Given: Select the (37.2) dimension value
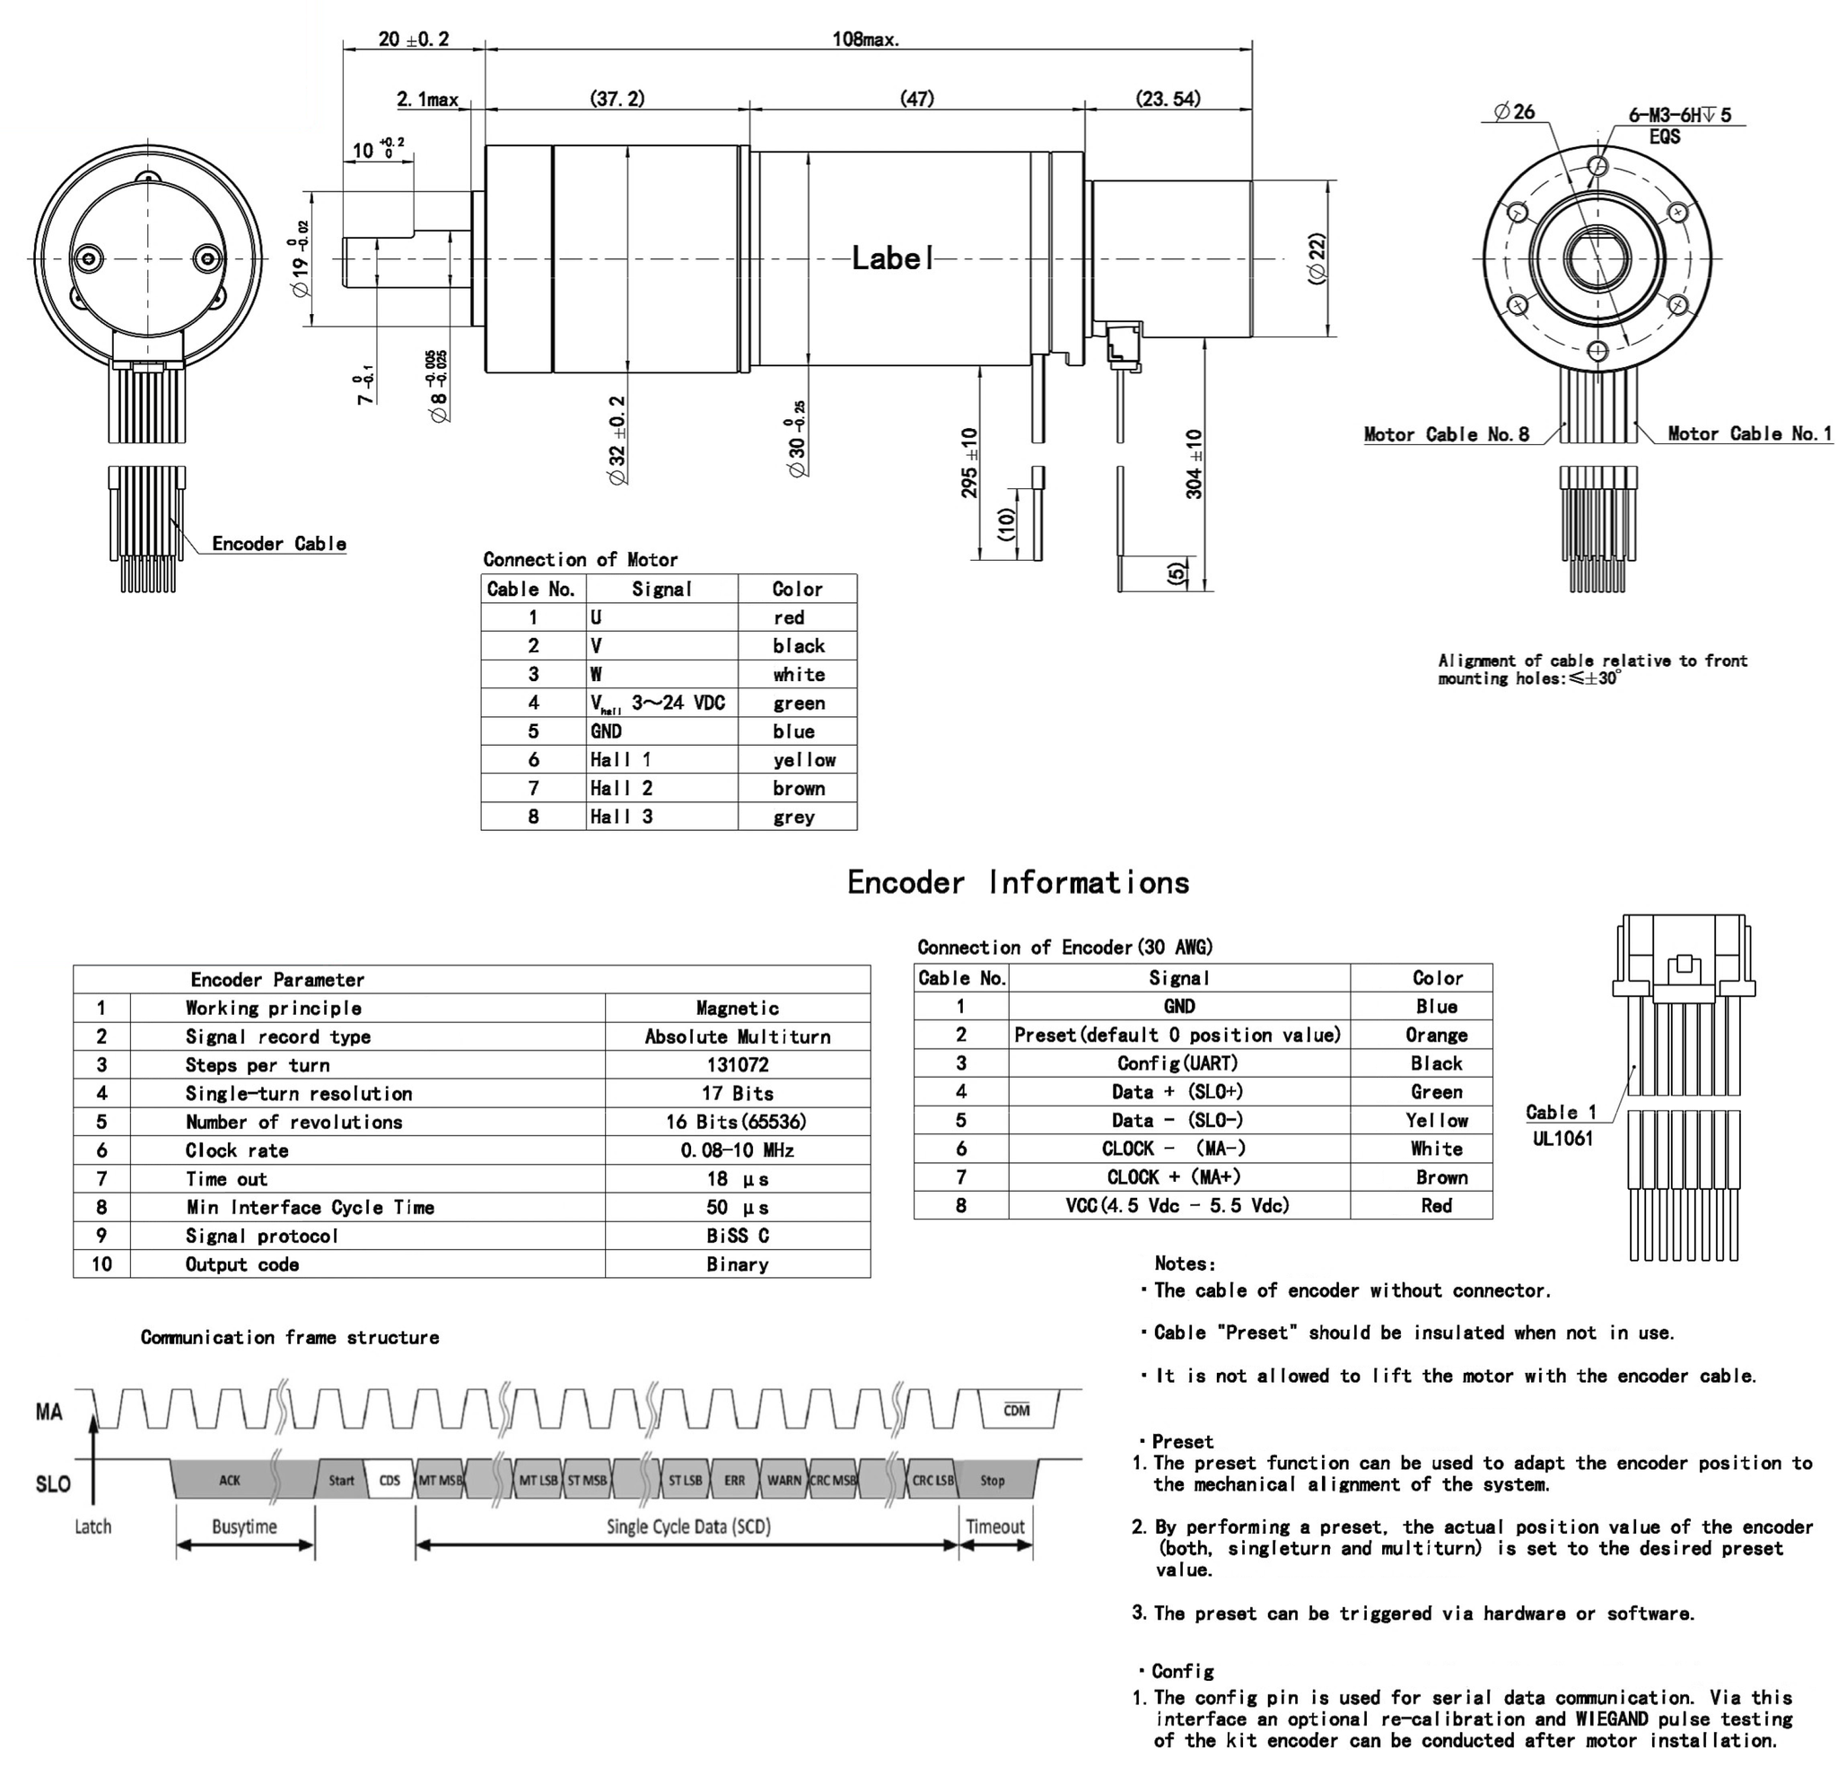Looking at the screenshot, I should click(617, 99).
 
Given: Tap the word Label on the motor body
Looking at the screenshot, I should click(892, 258).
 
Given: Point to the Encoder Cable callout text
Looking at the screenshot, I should click(278, 544).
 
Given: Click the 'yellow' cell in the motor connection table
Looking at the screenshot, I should click(803, 759).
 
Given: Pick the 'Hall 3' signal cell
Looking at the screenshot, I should click(621, 817).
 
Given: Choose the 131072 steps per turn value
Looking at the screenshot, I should click(737, 1065).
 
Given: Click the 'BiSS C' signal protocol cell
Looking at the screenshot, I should click(737, 1236).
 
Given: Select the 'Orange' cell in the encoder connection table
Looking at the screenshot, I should click(1436, 1036).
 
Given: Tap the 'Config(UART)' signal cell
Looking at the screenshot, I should click(1177, 1063).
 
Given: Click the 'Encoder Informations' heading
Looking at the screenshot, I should click(1018, 882).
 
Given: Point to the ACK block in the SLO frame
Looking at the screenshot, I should click(230, 1481).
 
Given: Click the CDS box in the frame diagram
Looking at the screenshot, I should click(389, 1481).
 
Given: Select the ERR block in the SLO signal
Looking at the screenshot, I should click(734, 1481).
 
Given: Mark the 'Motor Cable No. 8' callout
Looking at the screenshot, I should click(1446, 434).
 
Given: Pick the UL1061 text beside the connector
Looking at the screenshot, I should click(1562, 1139).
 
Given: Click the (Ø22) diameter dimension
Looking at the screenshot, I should click(1317, 258).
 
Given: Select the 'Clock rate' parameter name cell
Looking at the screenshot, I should click(236, 1150).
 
